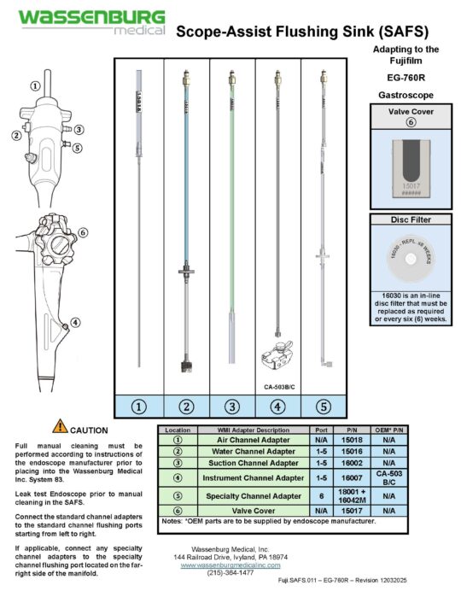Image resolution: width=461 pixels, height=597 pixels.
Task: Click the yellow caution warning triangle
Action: [60, 427]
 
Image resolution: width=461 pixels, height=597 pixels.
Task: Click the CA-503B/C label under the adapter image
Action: [281, 385]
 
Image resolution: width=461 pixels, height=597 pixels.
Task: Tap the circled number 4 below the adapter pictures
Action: [281, 406]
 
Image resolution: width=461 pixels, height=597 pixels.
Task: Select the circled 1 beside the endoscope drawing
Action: [35, 85]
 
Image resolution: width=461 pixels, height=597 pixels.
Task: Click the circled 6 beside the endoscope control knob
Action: [83, 232]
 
